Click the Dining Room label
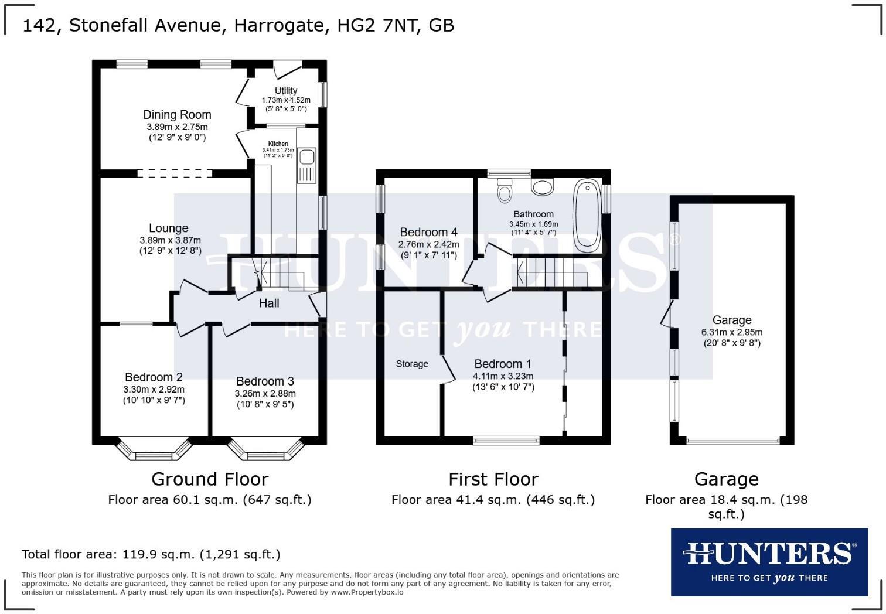[177, 115]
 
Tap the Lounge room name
[168, 228]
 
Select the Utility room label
[286, 91]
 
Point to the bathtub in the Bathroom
[587, 216]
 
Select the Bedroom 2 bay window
[154, 452]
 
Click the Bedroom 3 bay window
[265, 452]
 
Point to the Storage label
[412, 364]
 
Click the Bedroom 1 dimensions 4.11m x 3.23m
[503, 376]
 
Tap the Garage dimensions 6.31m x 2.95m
[732, 332]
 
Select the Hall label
[269, 303]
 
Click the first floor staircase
[551, 272]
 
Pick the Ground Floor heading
[210, 479]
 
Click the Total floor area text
[151, 554]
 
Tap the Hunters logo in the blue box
[769, 561]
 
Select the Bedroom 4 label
[428, 232]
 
